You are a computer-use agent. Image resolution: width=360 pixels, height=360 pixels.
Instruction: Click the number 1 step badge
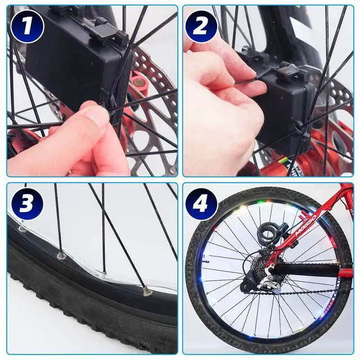click(x=27, y=26)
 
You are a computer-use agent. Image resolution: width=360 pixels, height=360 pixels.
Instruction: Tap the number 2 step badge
click(x=201, y=26)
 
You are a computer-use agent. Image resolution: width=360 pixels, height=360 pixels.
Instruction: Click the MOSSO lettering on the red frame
click(x=306, y=226)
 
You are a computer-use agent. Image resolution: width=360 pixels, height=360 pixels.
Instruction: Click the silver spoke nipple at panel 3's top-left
click(x=22, y=228)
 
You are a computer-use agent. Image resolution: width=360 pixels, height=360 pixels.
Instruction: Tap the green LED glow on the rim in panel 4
click(x=260, y=202)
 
